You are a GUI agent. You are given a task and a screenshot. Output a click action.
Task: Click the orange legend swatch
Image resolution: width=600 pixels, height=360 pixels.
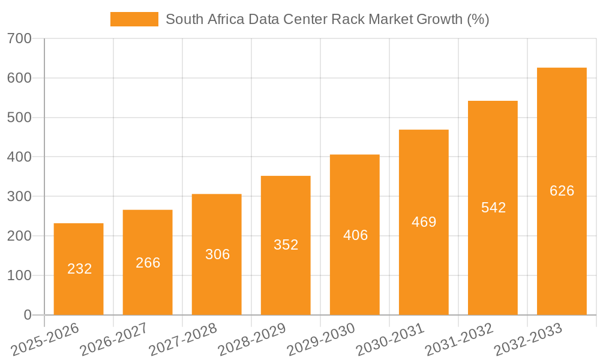point(134,19)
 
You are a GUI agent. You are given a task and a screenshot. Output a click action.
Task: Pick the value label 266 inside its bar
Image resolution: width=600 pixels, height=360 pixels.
point(148,263)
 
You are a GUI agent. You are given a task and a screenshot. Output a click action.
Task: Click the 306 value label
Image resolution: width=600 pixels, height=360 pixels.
point(217,254)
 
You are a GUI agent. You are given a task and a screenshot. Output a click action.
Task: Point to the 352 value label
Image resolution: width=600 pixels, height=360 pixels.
point(286,245)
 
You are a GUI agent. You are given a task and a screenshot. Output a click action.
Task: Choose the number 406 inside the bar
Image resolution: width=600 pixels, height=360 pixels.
point(355,235)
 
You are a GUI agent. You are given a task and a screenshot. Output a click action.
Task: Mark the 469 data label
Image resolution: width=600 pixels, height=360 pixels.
point(424,222)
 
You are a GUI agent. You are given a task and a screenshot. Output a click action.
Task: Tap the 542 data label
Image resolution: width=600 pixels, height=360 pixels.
point(493,208)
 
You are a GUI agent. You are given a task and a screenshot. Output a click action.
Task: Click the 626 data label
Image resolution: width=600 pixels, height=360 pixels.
point(562,191)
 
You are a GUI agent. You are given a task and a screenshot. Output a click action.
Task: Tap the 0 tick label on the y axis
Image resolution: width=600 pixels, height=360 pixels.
point(28,315)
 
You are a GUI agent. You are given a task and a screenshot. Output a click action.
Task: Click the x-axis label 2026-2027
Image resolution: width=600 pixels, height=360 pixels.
point(114,340)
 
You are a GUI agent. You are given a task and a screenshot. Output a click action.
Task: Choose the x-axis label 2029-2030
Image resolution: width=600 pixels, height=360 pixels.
point(320,340)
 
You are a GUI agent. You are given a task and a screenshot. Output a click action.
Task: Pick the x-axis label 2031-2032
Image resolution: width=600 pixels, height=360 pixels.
point(458,340)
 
